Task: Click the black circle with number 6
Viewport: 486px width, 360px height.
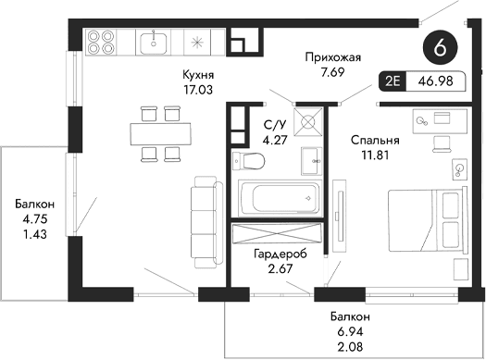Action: click(440, 45)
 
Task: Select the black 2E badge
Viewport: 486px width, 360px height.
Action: click(393, 81)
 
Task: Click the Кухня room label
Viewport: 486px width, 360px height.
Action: click(198, 75)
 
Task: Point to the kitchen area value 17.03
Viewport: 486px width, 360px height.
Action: click(198, 90)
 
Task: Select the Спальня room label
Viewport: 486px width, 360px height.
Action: click(375, 141)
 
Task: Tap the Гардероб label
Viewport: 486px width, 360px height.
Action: click(280, 253)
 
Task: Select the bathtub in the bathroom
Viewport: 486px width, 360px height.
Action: click(279, 197)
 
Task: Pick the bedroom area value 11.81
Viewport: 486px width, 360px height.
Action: click(375, 155)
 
